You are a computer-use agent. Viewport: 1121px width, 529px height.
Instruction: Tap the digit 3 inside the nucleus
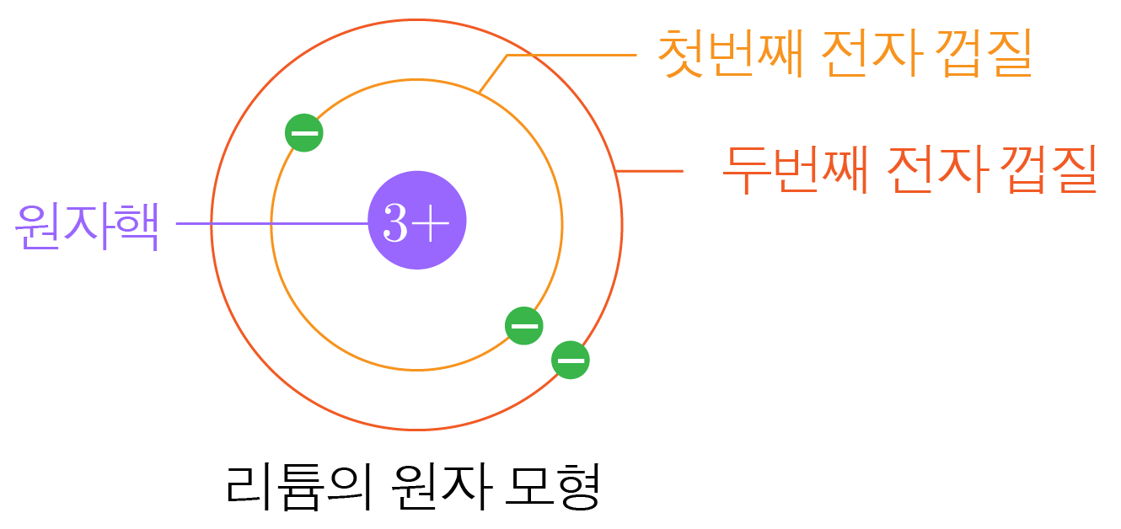[395, 222]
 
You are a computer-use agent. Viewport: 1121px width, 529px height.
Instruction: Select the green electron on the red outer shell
[571, 360]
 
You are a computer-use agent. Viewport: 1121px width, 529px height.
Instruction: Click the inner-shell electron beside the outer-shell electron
[523, 325]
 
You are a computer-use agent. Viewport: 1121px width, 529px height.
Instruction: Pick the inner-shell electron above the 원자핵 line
[303, 133]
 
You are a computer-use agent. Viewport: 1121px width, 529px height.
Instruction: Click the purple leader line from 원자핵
[253, 223]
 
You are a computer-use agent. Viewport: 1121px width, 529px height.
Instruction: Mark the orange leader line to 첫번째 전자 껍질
[573, 55]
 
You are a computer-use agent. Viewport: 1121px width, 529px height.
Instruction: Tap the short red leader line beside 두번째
[651, 171]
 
